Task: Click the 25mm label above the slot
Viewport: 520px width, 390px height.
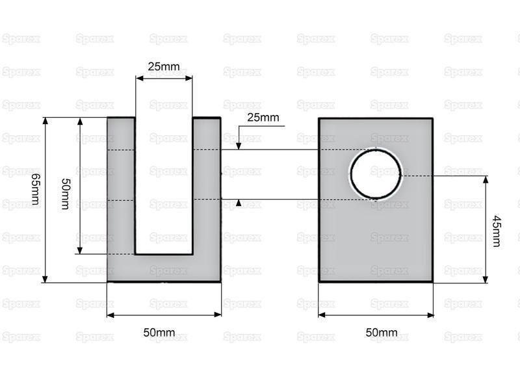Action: (x=164, y=67)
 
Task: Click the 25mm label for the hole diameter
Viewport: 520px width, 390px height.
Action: (x=263, y=118)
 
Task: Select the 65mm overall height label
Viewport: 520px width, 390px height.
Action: (x=35, y=189)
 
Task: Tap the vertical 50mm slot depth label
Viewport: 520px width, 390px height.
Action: (x=66, y=194)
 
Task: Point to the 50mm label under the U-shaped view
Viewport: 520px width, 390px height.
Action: (x=159, y=332)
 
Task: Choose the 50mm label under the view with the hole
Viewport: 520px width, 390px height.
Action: (x=382, y=332)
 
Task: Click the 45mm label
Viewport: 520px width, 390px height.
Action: (x=497, y=231)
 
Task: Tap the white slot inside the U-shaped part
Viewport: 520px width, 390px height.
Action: (x=164, y=186)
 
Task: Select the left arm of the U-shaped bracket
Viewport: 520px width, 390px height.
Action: (x=121, y=186)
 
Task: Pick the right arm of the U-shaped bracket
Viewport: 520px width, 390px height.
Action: (x=207, y=186)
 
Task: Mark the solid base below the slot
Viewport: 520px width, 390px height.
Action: (x=164, y=268)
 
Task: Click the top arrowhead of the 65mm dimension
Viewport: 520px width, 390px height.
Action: (x=45, y=120)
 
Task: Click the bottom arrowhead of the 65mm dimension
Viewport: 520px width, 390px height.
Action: (x=45, y=279)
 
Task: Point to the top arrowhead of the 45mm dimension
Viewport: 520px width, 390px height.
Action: (x=486, y=179)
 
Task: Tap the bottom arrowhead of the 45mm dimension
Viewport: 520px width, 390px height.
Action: (x=486, y=279)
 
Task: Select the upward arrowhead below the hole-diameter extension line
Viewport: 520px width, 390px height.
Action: (x=239, y=203)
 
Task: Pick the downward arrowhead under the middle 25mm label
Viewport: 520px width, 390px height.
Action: (x=239, y=146)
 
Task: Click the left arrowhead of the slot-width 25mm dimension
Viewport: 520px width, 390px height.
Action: (x=139, y=78)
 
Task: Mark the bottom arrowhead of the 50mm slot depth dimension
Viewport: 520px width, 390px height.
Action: (x=80, y=250)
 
